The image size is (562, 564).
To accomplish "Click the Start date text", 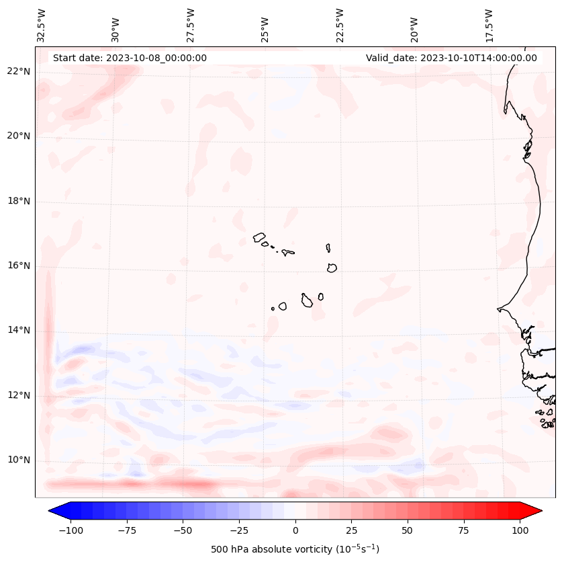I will [x=130, y=58].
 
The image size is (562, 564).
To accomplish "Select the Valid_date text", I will [x=451, y=58].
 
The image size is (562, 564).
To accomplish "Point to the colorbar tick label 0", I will [x=295, y=530].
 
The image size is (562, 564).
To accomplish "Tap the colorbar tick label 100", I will [x=520, y=530].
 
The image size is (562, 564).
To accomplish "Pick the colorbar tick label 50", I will [x=408, y=530].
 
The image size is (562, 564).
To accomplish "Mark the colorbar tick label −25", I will [x=238, y=530].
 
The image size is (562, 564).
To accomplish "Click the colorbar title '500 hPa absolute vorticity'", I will [x=295, y=549].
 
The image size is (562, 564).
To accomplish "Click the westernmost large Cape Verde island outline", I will [x=259, y=237].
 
